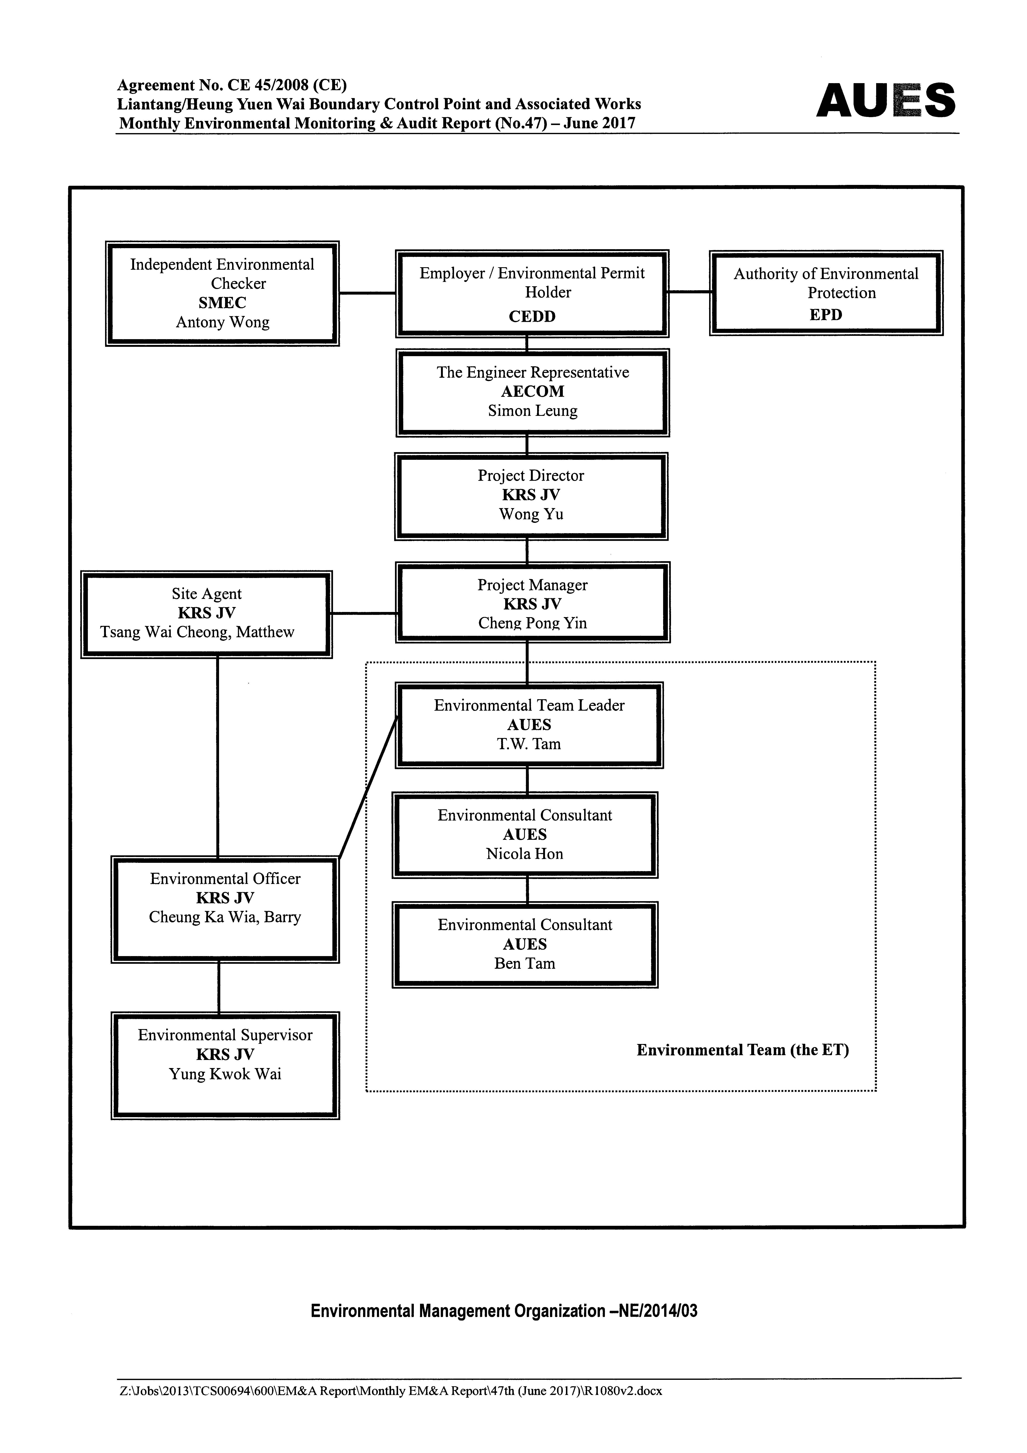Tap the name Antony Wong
click(x=223, y=322)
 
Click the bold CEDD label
click(x=532, y=316)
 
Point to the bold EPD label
click(x=826, y=314)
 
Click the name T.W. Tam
click(x=529, y=744)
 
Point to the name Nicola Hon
click(x=524, y=854)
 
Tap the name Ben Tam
click(x=524, y=964)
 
